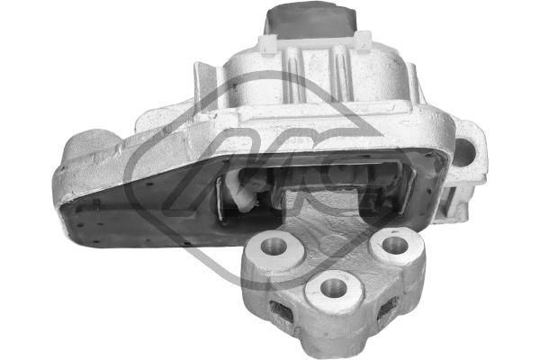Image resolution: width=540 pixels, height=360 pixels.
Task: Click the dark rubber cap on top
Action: pyautogui.click(x=310, y=21)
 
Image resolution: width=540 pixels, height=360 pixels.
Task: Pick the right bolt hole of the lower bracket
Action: pyautogui.click(x=392, y=244)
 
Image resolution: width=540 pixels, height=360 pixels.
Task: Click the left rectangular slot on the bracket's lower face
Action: pyautogui.click(x=280, y=311)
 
